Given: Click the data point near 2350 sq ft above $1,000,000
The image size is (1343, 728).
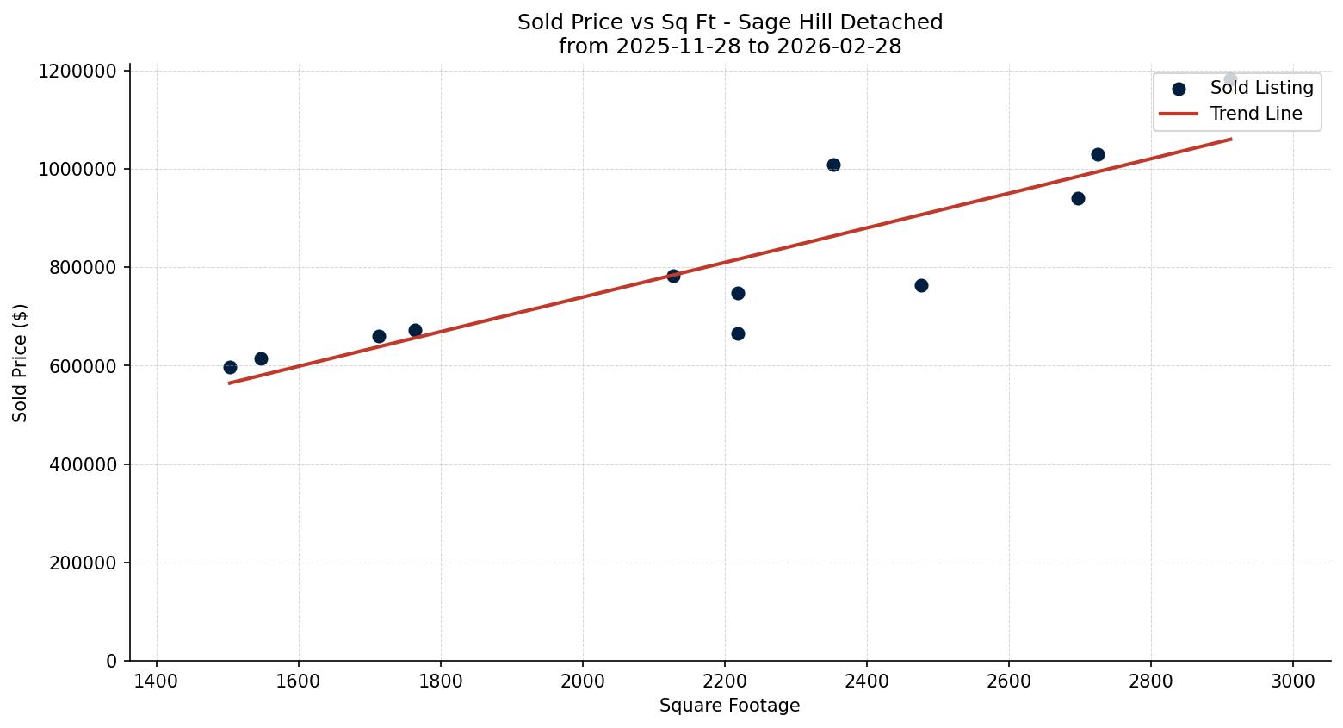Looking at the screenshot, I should pos(833,165).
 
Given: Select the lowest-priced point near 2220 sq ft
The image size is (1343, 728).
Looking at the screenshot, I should pos(738,333).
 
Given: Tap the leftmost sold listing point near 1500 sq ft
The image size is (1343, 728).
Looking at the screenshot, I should pos(230,367).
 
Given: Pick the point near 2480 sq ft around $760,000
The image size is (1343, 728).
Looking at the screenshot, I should pos(921,285).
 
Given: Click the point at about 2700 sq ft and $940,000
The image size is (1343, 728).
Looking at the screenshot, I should pos(1078,198).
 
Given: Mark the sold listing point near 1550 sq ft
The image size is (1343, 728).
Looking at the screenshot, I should pos(261,358).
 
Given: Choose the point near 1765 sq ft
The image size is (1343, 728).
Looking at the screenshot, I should pos(415,330).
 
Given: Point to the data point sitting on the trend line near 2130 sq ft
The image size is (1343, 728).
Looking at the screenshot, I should pos(673,276).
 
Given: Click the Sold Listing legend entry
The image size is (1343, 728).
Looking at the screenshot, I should pos(1261,88).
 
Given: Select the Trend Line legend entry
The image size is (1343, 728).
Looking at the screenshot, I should pos(1255,114).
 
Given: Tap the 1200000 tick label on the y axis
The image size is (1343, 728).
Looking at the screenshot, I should pos(77,71).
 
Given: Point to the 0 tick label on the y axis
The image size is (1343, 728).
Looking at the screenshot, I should pos(112,661).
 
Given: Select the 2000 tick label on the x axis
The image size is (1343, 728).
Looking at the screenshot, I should pos(583,681).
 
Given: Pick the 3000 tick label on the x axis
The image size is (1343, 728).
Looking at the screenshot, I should pos(1293,681).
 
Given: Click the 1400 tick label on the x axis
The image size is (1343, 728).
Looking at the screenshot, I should pos(157,681).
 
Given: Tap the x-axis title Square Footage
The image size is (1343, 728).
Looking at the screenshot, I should pos(729,706).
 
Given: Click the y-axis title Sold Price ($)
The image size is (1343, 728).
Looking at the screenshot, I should pos(21,363).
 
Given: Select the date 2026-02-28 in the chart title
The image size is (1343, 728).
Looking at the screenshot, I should pos(839,47).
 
